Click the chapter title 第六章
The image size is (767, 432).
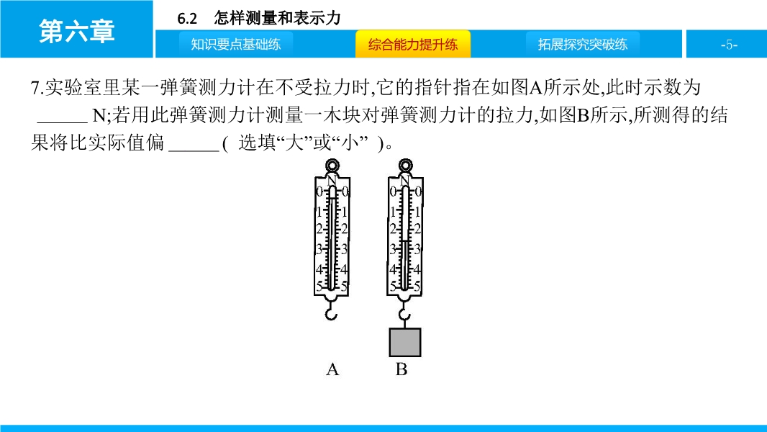click(x=77, y=31)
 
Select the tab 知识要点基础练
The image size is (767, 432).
click(x=236, y=45)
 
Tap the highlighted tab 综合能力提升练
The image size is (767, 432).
click(x=413, y=45)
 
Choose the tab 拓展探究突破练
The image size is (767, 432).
click(x=583, y=45)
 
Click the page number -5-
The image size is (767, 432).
click(x=729, y=45)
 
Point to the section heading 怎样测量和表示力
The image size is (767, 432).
click(x=277, y=18)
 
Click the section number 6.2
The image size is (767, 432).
click(x=187, y=19)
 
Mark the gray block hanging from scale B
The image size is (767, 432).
click(x=405, y=342)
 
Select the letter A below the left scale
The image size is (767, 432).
click(x=332, y=369)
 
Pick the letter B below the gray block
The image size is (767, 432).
click(x=401, y=369)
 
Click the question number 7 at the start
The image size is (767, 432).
click(x=35, y=88)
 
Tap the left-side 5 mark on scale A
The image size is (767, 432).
click(x=319, y=287)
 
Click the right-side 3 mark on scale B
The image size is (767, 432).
click(x=417, y=249)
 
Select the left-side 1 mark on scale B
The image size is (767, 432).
click(x=392, y=212)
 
